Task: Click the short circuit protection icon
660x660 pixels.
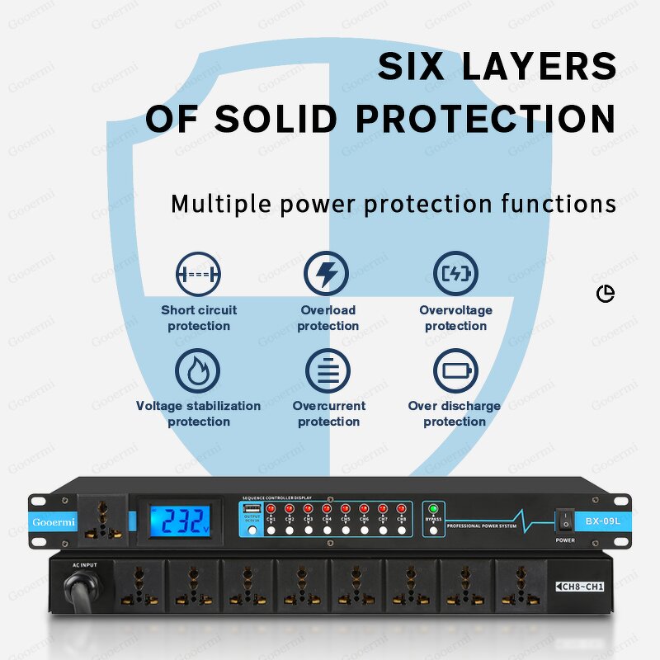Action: click(x=198, y=274)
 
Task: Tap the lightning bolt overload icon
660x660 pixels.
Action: click(x=327, y=274)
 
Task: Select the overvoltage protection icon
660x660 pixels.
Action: click(x=455, y=274)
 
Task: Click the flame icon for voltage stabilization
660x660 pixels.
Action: click(x=198, y=370)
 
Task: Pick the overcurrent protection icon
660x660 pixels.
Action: click(x=328, y=370)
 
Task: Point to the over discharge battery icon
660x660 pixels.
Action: click(x=455, y=370)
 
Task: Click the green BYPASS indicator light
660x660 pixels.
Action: click(x=433, y=509)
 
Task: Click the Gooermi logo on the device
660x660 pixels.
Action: click(x=54, y=522)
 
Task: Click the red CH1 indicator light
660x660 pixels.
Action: click(x=271, y=509)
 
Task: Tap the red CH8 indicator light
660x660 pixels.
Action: click(x=401, y=509)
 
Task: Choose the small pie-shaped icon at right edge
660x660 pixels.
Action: click(x=606, y=294)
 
